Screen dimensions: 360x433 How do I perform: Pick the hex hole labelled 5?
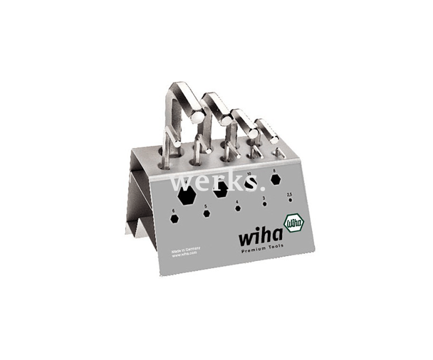[x=206, y=213]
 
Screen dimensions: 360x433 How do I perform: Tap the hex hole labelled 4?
[x=238, y=208]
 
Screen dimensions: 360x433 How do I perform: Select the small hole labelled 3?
[x=265, y=204]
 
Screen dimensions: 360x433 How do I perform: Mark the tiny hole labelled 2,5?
[x=290, y=200]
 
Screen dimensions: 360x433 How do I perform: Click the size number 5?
[x=205, y=206]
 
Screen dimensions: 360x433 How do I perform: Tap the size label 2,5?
[x=289, y=194]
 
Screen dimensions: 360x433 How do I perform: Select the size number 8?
[x=274, y=171]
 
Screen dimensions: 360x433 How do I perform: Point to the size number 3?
[x=264, y=198]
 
